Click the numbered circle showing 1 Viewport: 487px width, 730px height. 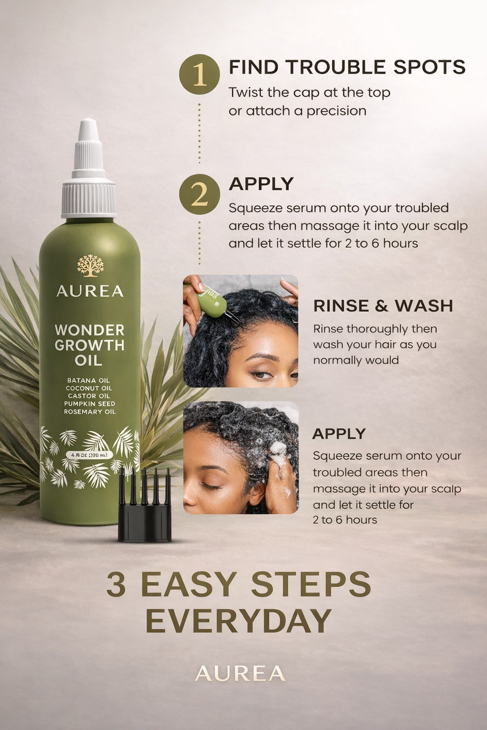199,74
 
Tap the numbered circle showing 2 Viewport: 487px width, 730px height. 199,194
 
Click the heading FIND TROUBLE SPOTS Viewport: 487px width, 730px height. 347,67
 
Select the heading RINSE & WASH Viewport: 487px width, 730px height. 383,306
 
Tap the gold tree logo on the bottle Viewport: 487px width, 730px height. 90,266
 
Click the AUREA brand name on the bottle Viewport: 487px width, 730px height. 90,291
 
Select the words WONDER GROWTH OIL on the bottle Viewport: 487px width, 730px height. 89,345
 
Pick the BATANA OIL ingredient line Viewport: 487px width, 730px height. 88,380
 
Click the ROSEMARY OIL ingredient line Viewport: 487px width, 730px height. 89,412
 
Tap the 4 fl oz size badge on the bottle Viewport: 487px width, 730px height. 89,455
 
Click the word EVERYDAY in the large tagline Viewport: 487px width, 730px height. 238,621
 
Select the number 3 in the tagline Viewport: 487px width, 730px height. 117,584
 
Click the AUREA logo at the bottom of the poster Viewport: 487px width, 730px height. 240,673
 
